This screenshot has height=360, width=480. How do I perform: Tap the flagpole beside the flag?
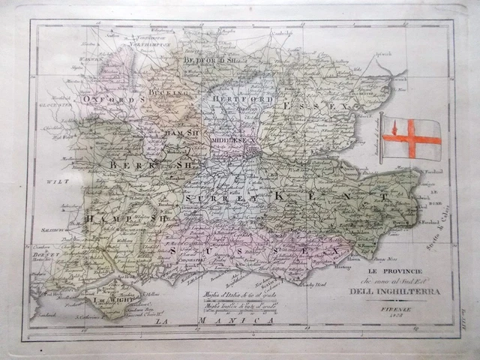point(381,139)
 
